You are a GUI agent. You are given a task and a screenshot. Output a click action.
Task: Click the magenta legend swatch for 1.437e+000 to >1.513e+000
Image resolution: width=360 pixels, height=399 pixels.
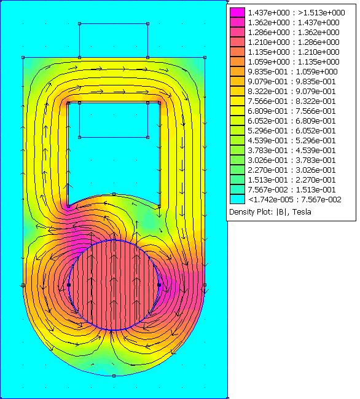click(x=237, y=12)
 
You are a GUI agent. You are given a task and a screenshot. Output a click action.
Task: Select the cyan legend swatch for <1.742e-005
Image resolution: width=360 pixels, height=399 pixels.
click(x=237, y=199)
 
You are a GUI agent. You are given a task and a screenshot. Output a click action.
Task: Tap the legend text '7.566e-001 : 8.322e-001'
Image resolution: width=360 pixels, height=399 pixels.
click(x=292, y=101)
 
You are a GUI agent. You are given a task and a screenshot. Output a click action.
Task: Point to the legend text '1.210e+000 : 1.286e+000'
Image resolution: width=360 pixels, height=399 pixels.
click(x=294, y=42)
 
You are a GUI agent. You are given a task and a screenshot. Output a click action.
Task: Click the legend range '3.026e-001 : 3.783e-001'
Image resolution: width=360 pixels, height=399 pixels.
click(x=292, y=160)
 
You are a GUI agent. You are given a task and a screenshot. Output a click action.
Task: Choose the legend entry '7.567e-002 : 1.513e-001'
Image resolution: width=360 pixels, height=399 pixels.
click(x=292, y=190)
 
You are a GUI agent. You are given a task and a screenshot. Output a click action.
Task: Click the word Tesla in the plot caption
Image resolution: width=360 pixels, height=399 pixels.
click(x=302, y=212)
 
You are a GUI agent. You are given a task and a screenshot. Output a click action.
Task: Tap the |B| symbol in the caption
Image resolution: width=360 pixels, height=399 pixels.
click(x=281, y=212)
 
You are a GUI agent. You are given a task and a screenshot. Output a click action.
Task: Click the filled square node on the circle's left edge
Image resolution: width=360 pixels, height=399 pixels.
click(x=68, y=285)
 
